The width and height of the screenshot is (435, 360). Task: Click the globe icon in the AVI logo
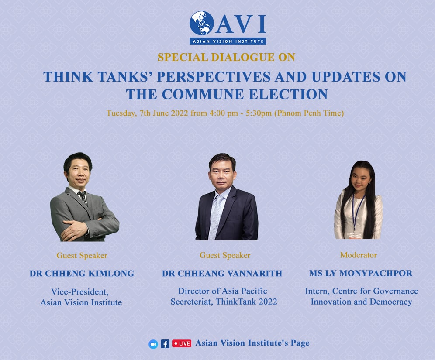[x=202, y=23]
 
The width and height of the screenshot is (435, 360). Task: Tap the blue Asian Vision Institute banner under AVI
[x=228, y=41]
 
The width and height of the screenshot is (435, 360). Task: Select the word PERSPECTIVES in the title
[x=214, y=77]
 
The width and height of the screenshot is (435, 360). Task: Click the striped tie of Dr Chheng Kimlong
[x=83, y=197]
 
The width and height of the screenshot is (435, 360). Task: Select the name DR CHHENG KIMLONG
[x=82, y=273]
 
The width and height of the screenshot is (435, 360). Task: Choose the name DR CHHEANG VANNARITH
[x=222, y=273]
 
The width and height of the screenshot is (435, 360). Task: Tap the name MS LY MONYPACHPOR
[x=361, y=273]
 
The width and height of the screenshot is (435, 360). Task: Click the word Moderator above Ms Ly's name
[x=359, y=255]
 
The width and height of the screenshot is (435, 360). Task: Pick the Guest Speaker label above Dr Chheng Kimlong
[x=82, y=255]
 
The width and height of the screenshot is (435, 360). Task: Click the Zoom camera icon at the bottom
[x=153, y=344]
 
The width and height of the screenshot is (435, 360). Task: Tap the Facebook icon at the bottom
[x=165, y=344]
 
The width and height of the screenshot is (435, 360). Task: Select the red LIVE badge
[x=182, y=344]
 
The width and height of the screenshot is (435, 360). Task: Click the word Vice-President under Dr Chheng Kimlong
[x=79, y=292]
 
